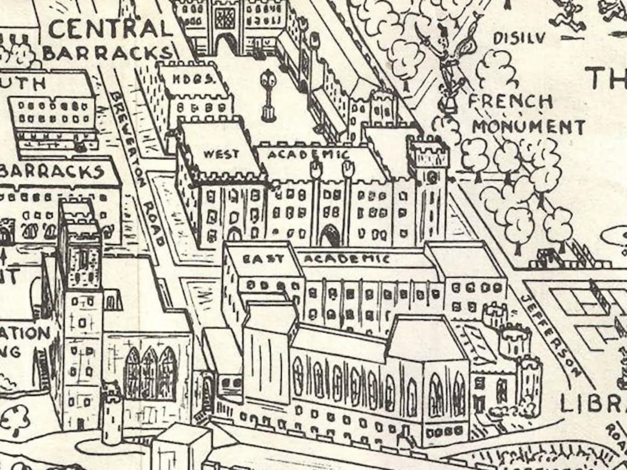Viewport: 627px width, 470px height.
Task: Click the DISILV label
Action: (x=519, y=38)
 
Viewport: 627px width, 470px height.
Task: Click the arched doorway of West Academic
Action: (x=330, y=236)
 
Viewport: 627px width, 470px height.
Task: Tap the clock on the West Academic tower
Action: (x=431, y=178)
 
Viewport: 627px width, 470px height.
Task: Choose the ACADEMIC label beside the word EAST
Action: (x=346, y=258)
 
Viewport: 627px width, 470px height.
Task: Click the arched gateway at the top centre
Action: (x=226, y=44)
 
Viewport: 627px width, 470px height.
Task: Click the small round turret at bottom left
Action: (x=112, y=412)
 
